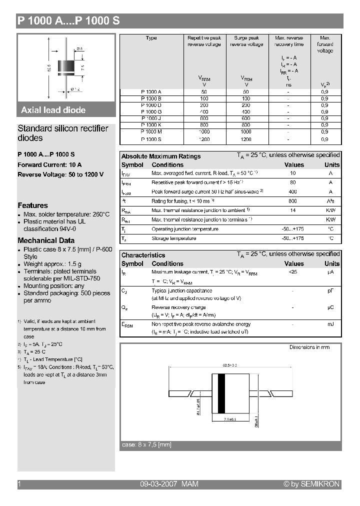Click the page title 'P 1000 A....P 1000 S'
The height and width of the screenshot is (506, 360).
(x=68, y=21)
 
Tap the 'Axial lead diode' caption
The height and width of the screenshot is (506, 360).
(x=53, y=110)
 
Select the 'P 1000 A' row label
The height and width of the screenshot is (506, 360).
(x=151, y=92)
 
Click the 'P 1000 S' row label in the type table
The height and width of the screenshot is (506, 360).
(x=151, y=139)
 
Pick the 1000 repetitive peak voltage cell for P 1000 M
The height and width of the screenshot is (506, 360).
(x=204, y=132)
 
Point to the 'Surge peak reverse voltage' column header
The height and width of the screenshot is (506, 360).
(x=246, y=41)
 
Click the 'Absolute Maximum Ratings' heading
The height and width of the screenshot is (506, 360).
(x=161, y=156)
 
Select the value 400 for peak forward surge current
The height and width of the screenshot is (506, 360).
(x=293, y=192)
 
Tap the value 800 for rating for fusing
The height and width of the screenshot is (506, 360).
(x=293, y=201)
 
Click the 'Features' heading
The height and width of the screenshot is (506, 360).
(x=33, y=205)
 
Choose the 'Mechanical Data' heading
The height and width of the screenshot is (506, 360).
(x=46, y=240)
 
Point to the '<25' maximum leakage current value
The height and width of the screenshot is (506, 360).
(x=293, y=272)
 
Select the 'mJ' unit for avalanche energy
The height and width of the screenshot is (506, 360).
(x=330, y=324)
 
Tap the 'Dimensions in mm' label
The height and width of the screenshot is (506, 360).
(x=309, y=347)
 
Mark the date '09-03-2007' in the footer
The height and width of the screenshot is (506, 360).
(x=157, y=484)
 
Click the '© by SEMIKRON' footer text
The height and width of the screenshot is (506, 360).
(x=311, y=484)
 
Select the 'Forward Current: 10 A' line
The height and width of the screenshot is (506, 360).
(x=50, y=164)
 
